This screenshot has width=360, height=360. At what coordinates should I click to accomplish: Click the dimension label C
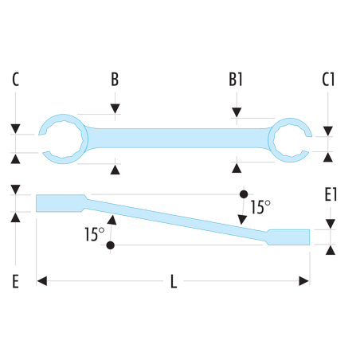16,80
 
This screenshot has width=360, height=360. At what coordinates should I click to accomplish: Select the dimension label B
115,80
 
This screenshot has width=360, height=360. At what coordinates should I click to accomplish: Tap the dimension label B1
236,80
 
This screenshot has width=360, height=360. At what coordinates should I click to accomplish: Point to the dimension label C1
328,80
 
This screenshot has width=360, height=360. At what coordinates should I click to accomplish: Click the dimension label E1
331,194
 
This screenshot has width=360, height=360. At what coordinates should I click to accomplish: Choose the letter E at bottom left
16,281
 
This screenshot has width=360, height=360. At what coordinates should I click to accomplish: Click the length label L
174,281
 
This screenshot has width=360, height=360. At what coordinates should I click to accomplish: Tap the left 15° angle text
95,234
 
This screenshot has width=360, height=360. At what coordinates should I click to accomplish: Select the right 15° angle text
260,207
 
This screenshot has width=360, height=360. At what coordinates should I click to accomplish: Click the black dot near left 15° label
110,245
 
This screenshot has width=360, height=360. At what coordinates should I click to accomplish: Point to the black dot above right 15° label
244,194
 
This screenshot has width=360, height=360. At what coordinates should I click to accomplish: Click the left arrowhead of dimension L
42,281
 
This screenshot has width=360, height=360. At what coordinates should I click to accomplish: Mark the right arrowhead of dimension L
304,281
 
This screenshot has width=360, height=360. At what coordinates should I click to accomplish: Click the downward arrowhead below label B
115,109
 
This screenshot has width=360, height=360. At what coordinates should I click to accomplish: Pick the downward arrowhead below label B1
237,112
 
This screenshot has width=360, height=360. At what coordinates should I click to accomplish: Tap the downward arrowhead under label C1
328,131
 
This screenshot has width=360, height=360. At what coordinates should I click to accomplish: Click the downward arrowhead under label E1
331,224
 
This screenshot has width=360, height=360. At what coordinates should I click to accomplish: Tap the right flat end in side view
288,237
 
